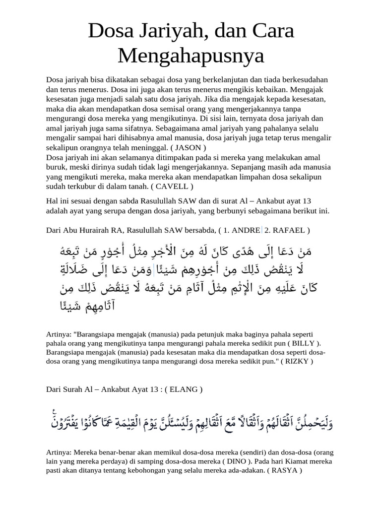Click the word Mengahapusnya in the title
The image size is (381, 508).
point(191,56)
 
